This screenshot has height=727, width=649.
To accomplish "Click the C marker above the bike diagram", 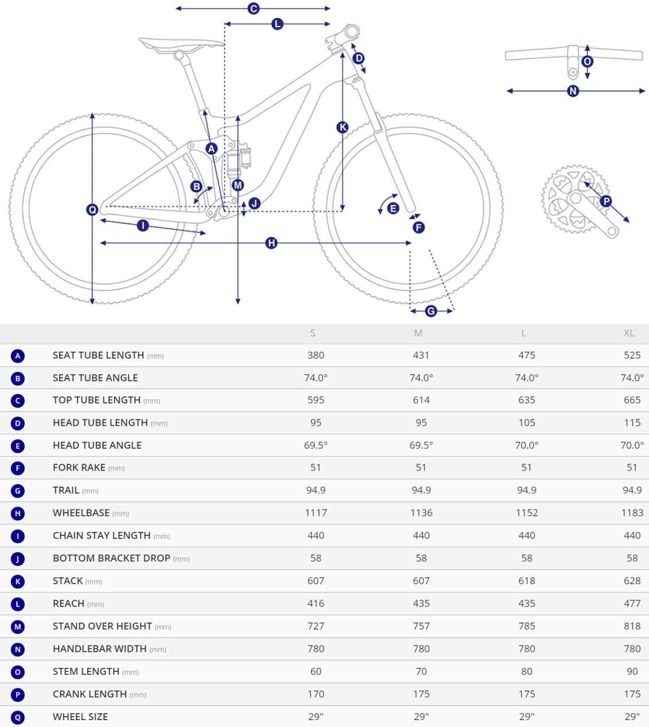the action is click(x=254, y=8).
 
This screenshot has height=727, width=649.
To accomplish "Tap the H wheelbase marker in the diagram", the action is click(x=271, y=243).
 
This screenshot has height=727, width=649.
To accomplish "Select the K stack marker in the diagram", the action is click(x=343, y=127).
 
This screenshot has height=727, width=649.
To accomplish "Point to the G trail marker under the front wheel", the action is click(x=431, y=311).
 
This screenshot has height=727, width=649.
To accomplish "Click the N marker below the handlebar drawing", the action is click(x=573, y=91).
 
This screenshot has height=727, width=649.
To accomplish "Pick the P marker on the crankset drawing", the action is click(x=606, y=201).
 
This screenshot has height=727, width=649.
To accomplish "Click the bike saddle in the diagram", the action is click(x=181, y=45).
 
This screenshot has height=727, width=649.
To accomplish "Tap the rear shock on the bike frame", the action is click(x=239, y=159).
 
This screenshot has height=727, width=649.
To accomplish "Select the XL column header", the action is click(x=629, y=333).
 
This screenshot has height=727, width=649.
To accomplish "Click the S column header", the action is click(x=313, y=333).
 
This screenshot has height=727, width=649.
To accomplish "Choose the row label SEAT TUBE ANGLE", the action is click(x=95, y=378).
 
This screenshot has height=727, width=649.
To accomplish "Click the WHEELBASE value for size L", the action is click(x=527, y=513).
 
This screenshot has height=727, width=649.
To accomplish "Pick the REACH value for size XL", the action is click(x=632, y=603).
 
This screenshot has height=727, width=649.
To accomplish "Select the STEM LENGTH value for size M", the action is click(x=421, y=671).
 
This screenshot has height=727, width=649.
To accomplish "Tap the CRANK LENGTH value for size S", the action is click(x=316, y=694).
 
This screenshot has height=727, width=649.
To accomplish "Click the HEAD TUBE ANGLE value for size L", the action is click(x=527, y=445).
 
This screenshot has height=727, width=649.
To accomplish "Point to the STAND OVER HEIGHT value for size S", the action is click(x=316, y=626).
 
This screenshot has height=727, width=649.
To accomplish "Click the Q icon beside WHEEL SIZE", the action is click(x=18, y=717).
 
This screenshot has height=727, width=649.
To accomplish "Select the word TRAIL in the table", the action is click(x=65, y=490).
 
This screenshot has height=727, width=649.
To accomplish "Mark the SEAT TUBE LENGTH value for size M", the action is click(x=421, y=355).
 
